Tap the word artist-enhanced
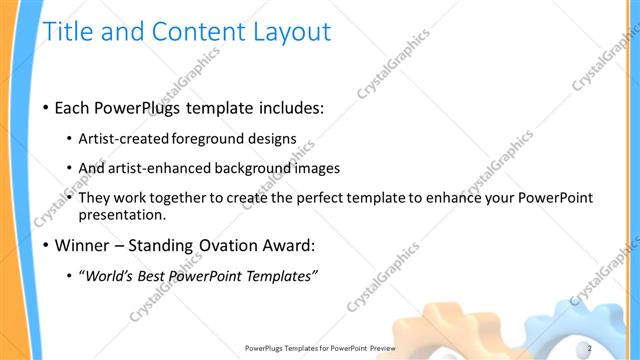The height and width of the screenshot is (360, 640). [x=159, y=168]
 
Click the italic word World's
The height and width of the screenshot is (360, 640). [x=110, y=276]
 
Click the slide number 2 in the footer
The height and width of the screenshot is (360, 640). [x=589, y=348]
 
